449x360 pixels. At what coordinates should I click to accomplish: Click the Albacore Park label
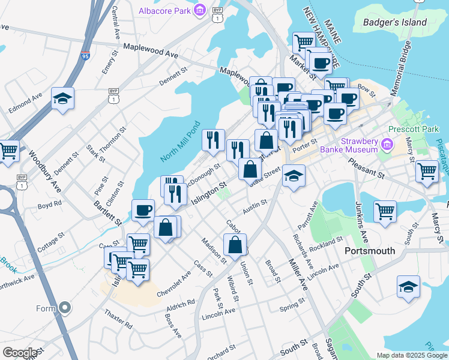(x=164, y=10)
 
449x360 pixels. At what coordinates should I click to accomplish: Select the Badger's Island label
(x=394, y=23)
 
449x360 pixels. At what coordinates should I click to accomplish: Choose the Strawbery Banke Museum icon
(x=387, y=145)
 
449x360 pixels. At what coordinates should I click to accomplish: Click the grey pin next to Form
(x=65, y=308)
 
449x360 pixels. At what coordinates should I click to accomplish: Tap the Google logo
(x=19, y=353)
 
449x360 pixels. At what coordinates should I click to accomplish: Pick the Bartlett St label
(x=107, y=214)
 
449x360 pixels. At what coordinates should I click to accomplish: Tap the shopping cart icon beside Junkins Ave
(x=384, y=211)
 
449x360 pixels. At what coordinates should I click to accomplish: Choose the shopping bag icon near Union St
(x=235, y=244)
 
